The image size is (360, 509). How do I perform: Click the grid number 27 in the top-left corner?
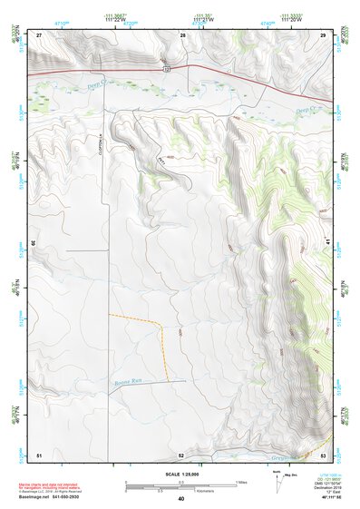[39, 34]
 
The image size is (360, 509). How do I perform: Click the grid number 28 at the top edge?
[182, 34]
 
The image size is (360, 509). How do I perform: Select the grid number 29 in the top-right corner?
[323, 34]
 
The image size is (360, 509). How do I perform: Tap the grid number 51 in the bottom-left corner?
[39, 454]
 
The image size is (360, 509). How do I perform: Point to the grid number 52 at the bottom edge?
[181, 454]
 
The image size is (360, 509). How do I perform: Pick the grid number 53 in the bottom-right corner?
[323, 454]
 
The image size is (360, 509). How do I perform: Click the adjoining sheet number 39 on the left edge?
[34, 243]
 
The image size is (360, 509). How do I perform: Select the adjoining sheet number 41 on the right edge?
[328, 243]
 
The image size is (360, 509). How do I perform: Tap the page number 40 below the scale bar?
[181, 499]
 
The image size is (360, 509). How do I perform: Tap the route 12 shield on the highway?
[167, 69]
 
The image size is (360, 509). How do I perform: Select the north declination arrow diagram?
[277, 481]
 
